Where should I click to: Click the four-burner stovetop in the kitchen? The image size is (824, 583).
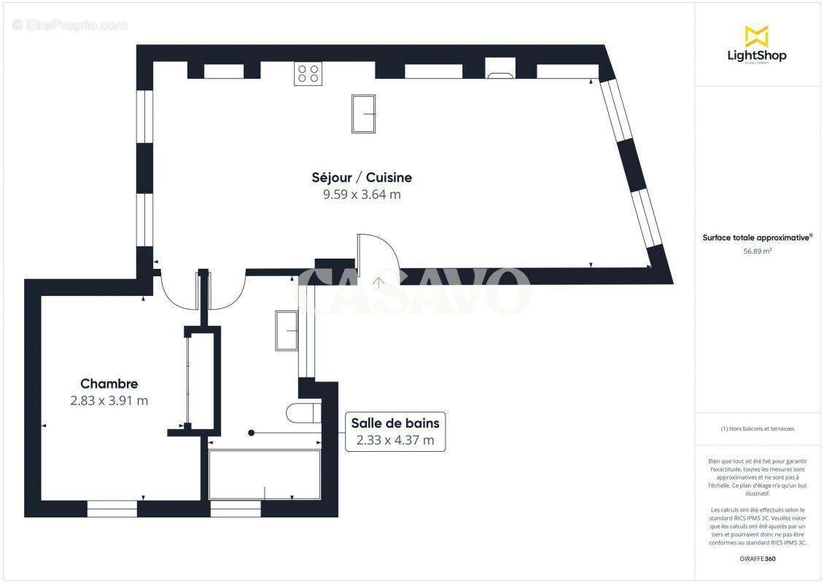click(x=308, y=74)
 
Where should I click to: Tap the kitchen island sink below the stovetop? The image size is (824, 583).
click(x=363, y=114)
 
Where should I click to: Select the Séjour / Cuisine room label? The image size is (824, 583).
click(x=362, y=177)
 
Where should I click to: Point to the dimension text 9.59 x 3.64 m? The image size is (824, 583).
click(x=362, y=195)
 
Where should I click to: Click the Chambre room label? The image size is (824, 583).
click(x=109, y=383)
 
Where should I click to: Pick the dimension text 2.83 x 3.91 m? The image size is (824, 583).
click(x=109, y=401)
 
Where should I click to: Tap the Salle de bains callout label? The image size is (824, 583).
click(x=394, y=423)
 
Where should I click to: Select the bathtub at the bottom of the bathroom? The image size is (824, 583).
click(x=265, y=474)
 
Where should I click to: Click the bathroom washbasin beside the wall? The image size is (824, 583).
click(x=286, y=330)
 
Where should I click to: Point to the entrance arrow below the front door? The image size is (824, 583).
click(x=378, y=281)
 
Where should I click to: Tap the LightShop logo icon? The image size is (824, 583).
click(x=756, y=36)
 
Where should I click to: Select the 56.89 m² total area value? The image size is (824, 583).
click(x=758, y=251)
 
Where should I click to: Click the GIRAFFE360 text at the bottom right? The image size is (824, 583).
click(x=758, y=559)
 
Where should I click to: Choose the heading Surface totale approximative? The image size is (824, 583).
click(x=757, y=238)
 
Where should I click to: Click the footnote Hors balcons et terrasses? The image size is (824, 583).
click(x=758, y=429)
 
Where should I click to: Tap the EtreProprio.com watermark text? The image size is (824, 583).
click(x=70, y=25)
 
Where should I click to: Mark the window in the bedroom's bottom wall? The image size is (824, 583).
click(x=112, y=508)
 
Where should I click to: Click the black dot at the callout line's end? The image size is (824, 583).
click(x=252, y=433)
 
